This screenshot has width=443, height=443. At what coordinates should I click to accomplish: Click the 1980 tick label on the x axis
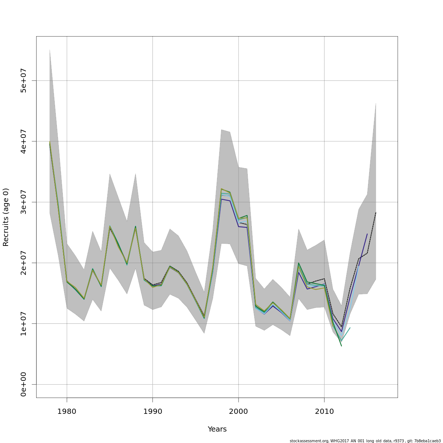[x=66, y=412]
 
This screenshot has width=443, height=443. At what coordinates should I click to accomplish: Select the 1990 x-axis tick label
[x=152, y=412]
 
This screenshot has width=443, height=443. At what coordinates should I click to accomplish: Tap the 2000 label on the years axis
[x=238, y=412]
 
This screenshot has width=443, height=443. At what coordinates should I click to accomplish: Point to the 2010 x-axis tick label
[x=324, y=412]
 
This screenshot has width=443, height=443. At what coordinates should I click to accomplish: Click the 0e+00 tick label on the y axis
[x=23, y=384]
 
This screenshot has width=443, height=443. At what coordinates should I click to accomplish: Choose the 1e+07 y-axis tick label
[x=23, y=323]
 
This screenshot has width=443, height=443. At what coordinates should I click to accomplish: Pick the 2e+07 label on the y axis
[x=23, y=263]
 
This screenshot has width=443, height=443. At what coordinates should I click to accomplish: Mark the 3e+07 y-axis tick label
[x=23, y=202]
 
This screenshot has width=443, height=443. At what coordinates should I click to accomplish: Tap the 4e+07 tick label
[x=23, y=141]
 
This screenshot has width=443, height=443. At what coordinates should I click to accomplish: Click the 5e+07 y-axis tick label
[x=23, y=80]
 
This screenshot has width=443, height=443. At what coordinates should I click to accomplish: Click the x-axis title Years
[x=217, y=429]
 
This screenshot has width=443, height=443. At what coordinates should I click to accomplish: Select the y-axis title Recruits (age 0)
[x=6, y=217]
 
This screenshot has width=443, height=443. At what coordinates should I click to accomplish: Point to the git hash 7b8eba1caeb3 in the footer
[x=427, y=441]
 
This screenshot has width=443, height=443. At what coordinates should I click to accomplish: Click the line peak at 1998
[x=221, y=189]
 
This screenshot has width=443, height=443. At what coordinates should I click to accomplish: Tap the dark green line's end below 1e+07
[x=341, y=346]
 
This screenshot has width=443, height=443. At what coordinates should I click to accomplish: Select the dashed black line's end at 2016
[x=376, y=213]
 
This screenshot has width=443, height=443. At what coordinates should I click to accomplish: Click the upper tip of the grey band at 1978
[x=49, y=49]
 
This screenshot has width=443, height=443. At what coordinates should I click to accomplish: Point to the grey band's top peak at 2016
[x=376, y=103]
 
